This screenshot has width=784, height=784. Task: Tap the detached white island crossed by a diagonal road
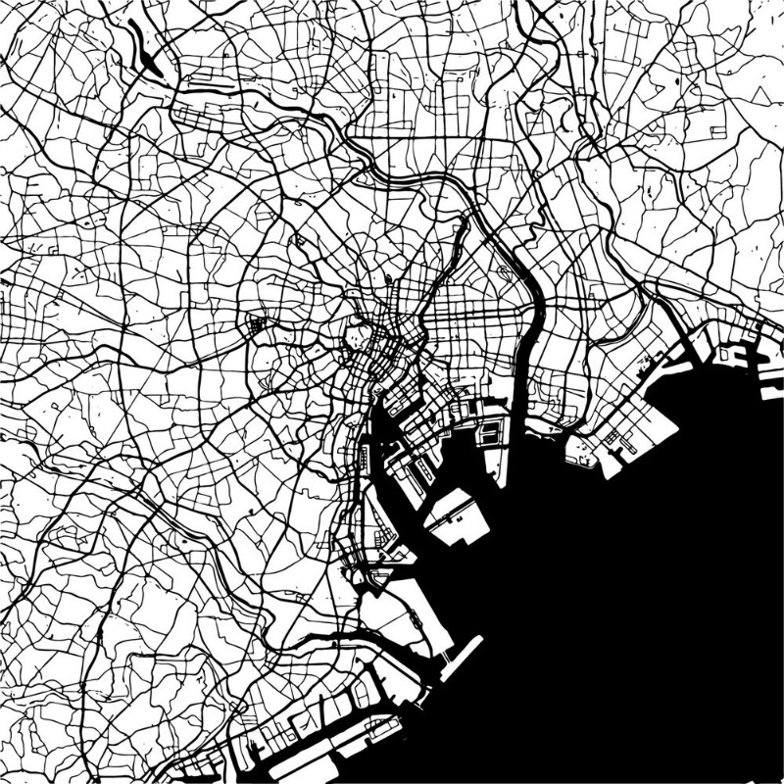click(457, 515)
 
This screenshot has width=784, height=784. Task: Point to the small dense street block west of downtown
click(259, 323)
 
